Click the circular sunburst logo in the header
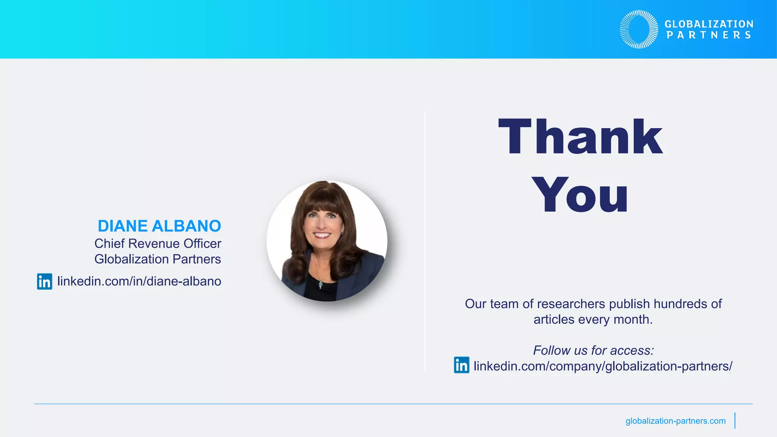pos(639,29)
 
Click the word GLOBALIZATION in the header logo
pos(709,24)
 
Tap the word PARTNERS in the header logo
pos(709,35)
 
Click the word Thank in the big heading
pos(580,137)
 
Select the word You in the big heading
pos(580,195)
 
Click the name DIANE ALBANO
pos(159,226)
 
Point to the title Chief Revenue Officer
pos(158,244)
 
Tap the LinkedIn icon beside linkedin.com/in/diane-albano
pos(44,281)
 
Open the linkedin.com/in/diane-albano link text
pos(139,281)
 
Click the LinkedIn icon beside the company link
pos(461,365)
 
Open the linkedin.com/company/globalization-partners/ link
pos(603,366)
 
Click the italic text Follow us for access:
pos(593,350)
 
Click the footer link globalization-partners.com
pos(675,421)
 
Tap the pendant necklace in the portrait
pos(321,283)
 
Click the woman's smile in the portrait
pos(322,235)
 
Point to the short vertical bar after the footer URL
pos(735,421)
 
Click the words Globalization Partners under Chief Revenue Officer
pos(158,259)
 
